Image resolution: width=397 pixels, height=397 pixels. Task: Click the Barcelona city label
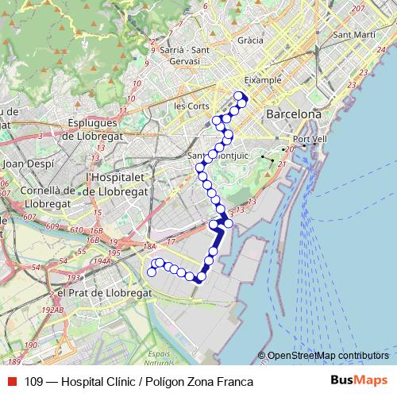coord(294,114)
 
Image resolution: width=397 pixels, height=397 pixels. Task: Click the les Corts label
coord(191,105)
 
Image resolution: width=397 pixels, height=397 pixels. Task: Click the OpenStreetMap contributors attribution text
coord(328,355)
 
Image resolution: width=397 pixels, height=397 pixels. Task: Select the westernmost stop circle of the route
coord(152,272)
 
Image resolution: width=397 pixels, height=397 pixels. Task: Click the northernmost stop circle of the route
coord(238,96)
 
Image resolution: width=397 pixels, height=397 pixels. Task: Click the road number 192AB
coord(53,310)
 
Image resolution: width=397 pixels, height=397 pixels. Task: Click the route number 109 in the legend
coord(34,382)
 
